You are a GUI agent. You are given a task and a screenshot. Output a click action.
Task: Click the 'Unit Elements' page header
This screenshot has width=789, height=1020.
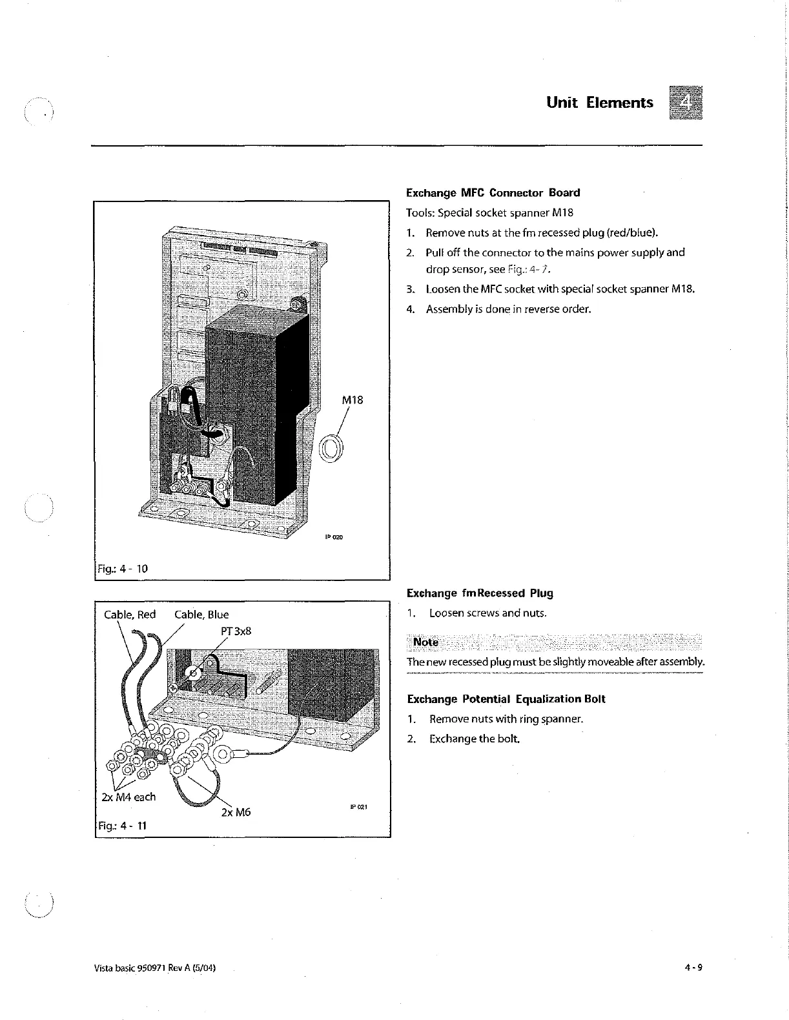[599, 103]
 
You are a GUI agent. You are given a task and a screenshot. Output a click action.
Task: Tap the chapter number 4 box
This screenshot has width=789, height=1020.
[686, 103]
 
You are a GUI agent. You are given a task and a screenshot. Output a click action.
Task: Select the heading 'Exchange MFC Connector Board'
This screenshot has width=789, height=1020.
[493, 192]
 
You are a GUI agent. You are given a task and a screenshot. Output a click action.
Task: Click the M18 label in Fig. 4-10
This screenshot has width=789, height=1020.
[352, 400]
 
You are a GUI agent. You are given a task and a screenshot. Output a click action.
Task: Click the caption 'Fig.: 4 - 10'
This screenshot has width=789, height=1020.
[123, 568]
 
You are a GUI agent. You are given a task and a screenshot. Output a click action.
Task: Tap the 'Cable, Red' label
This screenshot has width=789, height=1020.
[130, 614]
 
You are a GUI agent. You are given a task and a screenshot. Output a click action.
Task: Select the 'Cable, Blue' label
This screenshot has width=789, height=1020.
[201, 614]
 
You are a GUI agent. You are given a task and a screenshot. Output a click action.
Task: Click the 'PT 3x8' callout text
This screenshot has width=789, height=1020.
[235, 630]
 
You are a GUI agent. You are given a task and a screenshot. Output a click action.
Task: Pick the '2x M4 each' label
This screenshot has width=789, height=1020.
[128, 797]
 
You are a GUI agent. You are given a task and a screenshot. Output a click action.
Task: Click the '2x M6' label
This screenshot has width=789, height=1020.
[235, 812]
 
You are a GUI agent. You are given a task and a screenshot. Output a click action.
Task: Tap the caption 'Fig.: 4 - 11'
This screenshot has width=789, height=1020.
[123, 825]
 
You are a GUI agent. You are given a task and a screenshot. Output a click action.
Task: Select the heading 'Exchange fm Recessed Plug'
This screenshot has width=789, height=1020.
[480, 593]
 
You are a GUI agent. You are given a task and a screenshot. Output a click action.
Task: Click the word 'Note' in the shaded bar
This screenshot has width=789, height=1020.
[425, 642]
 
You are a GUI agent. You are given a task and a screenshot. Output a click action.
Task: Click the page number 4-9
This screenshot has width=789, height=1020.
[693, 967]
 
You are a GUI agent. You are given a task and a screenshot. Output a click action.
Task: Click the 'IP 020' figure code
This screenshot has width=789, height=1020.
[333, 536]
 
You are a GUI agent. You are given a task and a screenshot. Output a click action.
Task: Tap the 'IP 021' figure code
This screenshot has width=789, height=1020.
[358, 807]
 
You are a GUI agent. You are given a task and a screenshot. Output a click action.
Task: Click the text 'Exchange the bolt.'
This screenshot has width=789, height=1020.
[474, 738]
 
